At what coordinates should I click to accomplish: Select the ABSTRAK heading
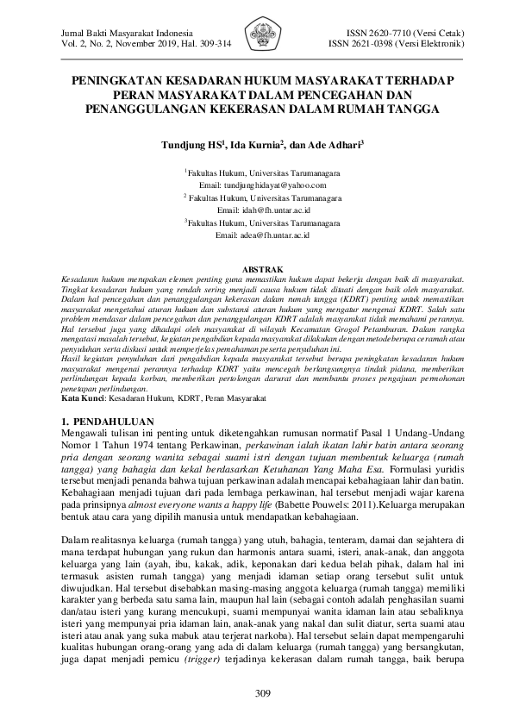256,270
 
